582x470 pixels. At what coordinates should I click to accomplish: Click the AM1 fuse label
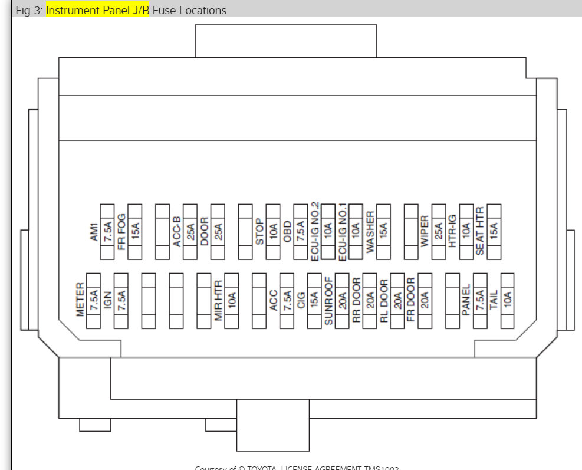(x=94, y=232)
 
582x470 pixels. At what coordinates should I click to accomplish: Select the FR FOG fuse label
(x=121, y=232)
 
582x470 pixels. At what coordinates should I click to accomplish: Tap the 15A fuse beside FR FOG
(x=135, y=232)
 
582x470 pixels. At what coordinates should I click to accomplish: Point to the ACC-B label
(x=176, y=232)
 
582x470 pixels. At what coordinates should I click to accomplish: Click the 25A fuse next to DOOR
(x=218, y=232)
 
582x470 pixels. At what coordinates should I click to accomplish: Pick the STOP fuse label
(x=259, y=232)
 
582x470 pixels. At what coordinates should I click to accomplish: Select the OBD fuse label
(x=287, y=232)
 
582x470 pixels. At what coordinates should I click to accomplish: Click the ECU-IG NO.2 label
(x=315, y=232)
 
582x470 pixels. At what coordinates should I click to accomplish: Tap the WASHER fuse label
(x=370, y=232)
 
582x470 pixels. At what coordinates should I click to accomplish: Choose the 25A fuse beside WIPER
(x=439, y=232)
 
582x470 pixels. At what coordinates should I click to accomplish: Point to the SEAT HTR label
(x=480, y=232)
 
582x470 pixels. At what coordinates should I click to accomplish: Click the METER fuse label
(x=80, y=300)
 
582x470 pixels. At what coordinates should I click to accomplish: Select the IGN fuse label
(x=108, y=300)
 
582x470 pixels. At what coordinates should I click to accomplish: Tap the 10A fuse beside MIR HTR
(x=232, y=300)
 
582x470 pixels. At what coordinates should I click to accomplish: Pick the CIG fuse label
(x=301, y=300)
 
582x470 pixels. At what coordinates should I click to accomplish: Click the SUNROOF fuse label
(x=328, y=300)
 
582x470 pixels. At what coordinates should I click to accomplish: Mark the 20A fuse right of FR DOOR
(x=425, y=300)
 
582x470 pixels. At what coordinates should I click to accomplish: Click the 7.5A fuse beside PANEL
(x=480, y=300)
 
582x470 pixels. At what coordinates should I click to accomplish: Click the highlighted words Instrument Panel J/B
(x=98, y=10)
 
